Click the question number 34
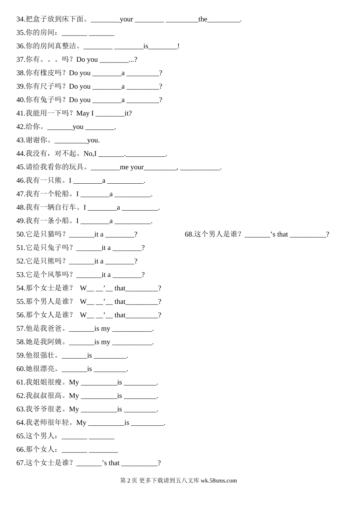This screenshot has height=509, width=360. click(x=20, y=19)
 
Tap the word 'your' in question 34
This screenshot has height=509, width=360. click(x=127, y=19)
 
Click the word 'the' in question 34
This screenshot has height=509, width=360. click(x=203, y=19)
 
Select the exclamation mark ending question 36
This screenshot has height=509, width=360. click(x=178, y=46)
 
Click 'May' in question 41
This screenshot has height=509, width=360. click(x=83, y=113)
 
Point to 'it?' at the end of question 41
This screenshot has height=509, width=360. click(x=128, y=113)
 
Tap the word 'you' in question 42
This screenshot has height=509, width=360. click(x=78, y=127)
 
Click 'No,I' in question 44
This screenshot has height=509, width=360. click(x=90, y=154)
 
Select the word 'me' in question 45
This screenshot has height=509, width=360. click(x=124, y=167)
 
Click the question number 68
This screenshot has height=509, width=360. click(x=189, y=234)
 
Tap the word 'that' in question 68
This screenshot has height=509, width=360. click(x=282, y=234)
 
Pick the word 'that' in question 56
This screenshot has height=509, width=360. click(x=120, y=315)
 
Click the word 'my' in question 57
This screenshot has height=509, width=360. click(x=106, y=329)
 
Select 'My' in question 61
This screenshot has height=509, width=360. click(x=74, y=383)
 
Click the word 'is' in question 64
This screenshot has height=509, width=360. click(x=127, y=423)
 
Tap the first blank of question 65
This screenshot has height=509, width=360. click(x=74, y=436)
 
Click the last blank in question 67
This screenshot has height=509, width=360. click(x=139, y=463)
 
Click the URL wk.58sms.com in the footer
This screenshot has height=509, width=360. click(x=219, y=481)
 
